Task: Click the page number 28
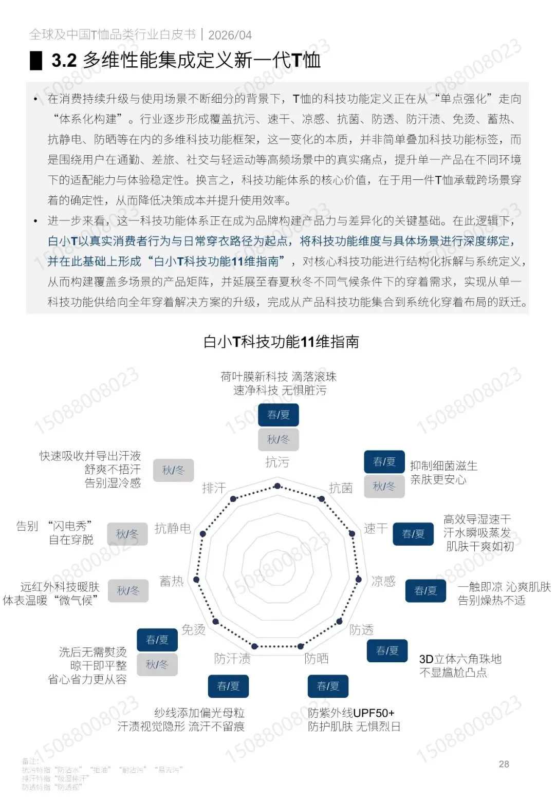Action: click(504, 764)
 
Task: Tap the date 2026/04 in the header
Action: click(230, 35)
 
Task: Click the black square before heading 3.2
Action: click(36, 61)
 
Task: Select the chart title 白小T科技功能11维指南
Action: click(281, 342)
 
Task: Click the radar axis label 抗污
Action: click(277, 462)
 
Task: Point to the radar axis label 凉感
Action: click(383, 581)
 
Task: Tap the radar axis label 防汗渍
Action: click(232, 658)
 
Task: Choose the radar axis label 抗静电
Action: click(173, 528)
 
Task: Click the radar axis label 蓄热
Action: click(172, 581)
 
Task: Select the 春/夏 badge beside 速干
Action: click(413, 534)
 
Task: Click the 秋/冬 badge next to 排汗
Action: click(173, 470)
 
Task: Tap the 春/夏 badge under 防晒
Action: click(328, 686)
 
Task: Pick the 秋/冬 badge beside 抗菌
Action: click(384, 486)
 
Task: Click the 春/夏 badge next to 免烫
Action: click(157, 640)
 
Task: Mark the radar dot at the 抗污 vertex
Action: click(277, 486)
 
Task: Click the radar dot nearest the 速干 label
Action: click(353, 534)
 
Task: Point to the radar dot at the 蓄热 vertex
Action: click(196, 580)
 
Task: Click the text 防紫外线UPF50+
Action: click(351, 713)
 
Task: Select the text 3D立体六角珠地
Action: click(460, 659)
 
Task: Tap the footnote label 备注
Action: click(30, 761)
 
